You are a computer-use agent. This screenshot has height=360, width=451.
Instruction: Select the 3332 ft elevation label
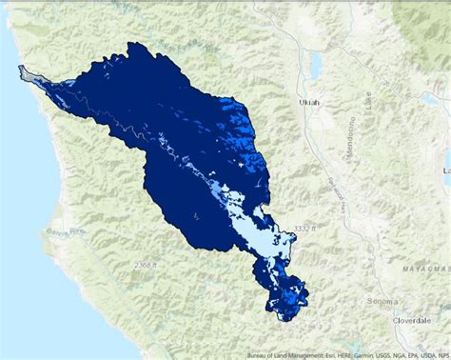click(304, 229)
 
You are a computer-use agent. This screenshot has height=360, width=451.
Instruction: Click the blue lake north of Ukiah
click(314, 65)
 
